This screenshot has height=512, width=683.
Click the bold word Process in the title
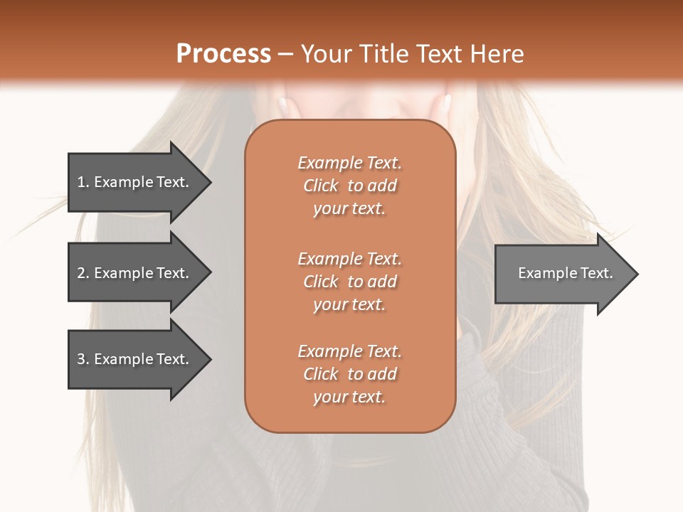(x=223, y=54)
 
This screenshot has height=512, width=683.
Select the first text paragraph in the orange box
(x=349, y=186)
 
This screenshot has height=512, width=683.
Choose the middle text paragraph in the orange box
(x=349, y=281)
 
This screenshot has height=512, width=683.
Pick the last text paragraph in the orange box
(x=349, y=374)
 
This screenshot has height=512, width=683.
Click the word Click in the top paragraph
(x=321, y=186)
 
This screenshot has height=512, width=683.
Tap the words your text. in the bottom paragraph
(x=349, y=397)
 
